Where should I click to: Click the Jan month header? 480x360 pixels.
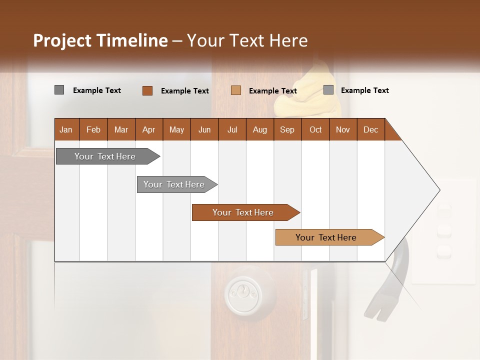(x=66, y=129)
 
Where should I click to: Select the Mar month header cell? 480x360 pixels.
(x=121, y=129)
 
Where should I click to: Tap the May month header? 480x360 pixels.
(x=176, y=129)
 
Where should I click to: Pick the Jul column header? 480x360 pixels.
(x=232, y=129)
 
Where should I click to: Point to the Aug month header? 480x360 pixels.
(x=259, y=129)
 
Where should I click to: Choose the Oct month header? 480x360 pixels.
(x=315, y=129)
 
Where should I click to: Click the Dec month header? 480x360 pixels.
(x=370, y=129)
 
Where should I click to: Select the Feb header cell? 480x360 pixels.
(x=93, y=129)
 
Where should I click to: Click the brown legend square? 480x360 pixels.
(x=147, y=90)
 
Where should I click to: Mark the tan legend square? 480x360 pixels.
(x=236, y=90)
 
